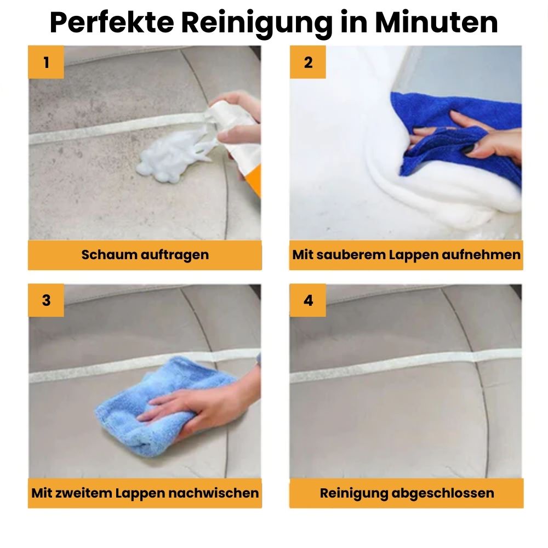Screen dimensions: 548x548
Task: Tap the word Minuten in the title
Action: point(436,23)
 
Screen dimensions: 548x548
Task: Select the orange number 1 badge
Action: point(46,62)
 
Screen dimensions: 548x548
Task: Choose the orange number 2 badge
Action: point(308,62)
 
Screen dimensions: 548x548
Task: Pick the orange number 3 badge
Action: point(46,300)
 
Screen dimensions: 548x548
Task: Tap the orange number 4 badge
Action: point(308,300)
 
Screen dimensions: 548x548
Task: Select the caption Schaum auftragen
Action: point(145,255)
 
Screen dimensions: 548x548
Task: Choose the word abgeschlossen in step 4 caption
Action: point(443,493)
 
